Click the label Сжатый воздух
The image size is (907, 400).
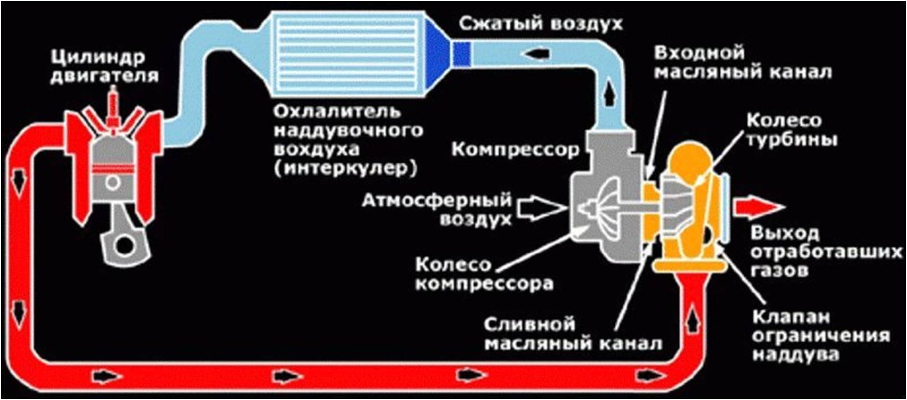click(x=541, y=24)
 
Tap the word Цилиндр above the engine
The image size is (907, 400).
click(x=98, y=58)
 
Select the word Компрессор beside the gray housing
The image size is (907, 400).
click(x=515, y=150)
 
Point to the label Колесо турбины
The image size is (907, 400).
click(x=792, y=130)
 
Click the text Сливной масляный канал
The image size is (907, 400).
click(x=573, y=334)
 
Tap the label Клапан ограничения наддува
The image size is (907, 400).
click(x=821, y=335)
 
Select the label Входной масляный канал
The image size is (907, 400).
click(x=743, y=63)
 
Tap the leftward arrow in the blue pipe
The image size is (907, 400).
click(x=538, y=53)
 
